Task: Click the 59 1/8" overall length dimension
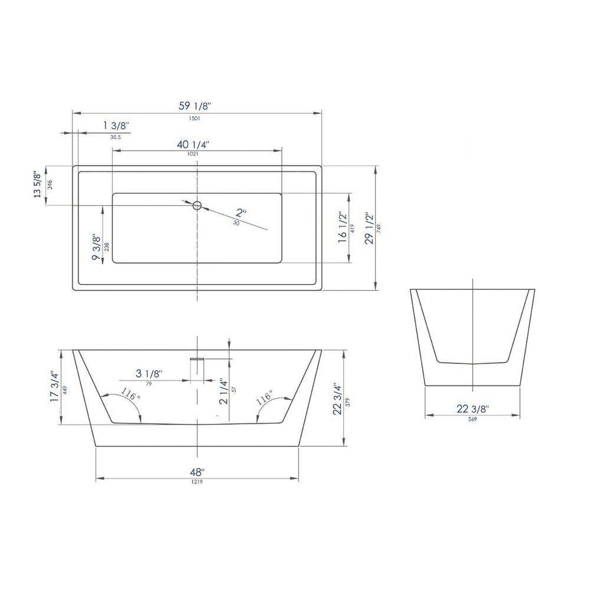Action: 195,106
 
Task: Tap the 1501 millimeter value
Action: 195,118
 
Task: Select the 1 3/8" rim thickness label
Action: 116,125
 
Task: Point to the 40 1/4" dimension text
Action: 193,145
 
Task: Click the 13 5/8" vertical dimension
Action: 38,184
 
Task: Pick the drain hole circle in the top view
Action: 197,205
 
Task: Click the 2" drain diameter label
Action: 241,212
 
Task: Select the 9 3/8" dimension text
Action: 97,247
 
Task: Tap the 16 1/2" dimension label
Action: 343,227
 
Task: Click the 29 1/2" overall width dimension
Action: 369,228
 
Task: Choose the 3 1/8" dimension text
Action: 149,374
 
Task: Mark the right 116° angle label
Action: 265,397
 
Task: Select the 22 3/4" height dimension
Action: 338,399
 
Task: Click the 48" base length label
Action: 197,473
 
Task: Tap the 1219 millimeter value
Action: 197,482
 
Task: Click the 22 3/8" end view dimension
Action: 472,409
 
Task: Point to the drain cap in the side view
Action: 197,358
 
